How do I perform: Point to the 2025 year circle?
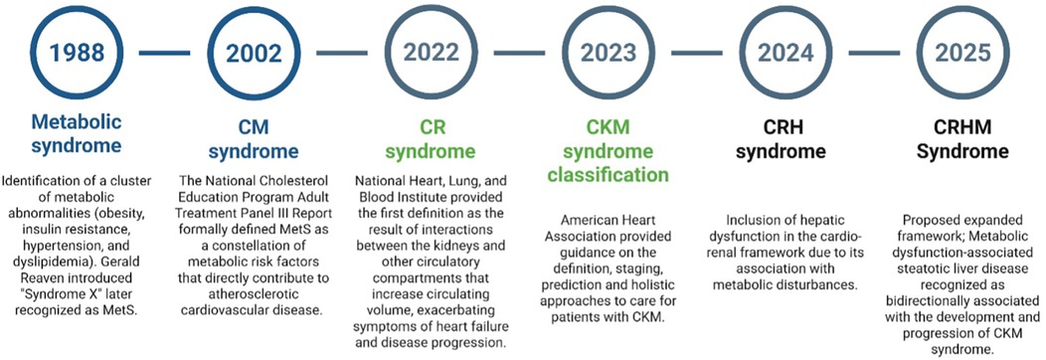(x=962, y=51)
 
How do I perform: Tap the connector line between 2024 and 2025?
(x=874, y=51)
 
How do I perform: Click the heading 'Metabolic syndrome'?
(x=77, y=134)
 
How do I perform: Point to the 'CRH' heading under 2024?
(x=787, y=128)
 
